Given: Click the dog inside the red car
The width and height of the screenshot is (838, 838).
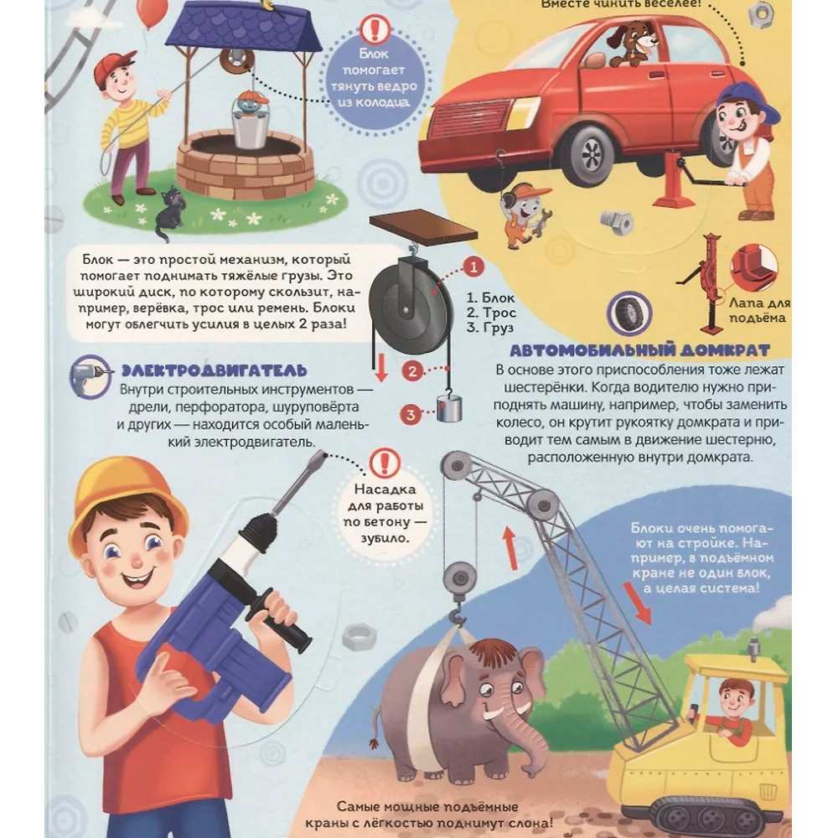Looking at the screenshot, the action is coord(631,43).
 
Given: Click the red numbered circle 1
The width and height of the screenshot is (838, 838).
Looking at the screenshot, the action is coord(473,266).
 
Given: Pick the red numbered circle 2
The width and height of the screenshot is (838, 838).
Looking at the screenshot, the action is coord(412,371).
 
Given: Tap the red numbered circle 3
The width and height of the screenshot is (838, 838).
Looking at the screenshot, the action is coord(411,415).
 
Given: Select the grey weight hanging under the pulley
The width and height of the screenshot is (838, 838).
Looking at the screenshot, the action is coord(450,408).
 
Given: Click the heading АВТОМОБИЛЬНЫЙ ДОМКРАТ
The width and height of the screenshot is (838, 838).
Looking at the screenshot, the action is coord(639,350).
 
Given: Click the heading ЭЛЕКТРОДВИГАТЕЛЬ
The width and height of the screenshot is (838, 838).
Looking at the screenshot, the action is coord(215,370).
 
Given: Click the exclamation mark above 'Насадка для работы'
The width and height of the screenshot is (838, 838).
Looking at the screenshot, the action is coord(385,463).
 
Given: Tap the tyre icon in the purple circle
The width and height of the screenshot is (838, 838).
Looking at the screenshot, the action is coord(629,313).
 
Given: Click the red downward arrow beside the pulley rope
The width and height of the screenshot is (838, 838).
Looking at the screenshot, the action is coord(381,368).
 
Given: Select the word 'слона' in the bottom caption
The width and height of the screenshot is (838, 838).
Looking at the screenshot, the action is coord(527,822).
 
